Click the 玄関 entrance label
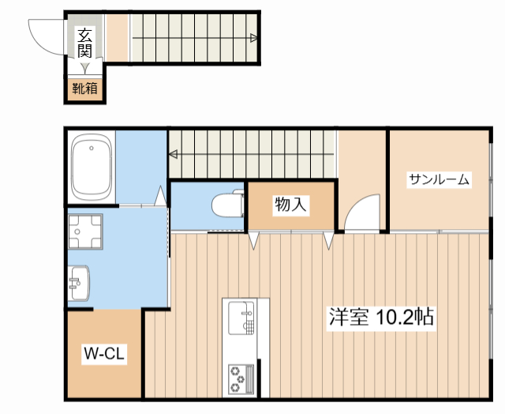point(84,42)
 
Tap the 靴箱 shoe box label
point(85,88)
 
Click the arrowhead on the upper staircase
point(253,37)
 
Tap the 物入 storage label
point(290,205)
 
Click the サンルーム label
point(439,180)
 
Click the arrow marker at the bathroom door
point(161,194)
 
